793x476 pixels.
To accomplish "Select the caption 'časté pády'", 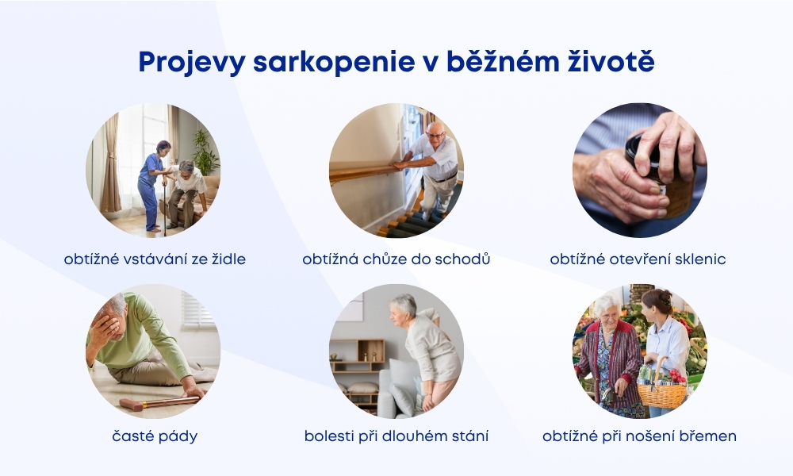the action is click(x=155, y=436).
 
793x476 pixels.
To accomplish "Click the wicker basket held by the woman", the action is click(x=661, y=390).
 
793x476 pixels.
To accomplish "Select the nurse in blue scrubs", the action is click(x=151, y=186).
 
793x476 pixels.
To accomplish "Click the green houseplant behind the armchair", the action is click(x=205, y=152).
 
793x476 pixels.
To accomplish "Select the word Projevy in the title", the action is click(x=192, y=63).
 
